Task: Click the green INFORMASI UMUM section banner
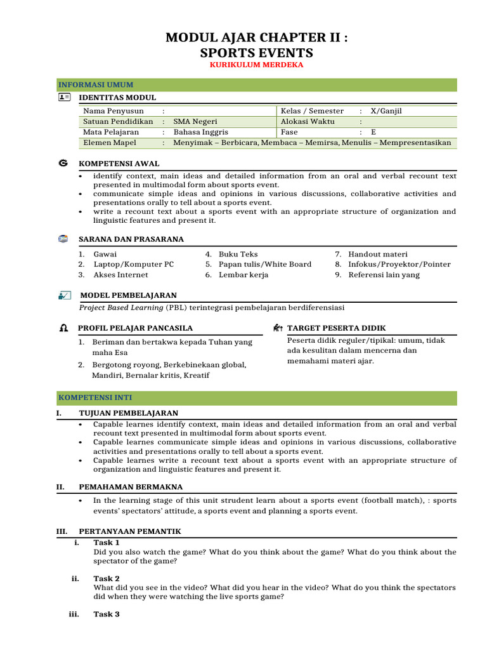[257, 85]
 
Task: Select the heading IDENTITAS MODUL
[117, 98]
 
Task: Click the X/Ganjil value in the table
[386, 110]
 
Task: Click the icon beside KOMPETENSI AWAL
[63, 163]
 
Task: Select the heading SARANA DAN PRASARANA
[131, 239]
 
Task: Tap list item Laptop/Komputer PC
[134, 264]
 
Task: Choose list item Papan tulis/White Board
[265, 264]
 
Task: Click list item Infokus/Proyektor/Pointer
[399, 264]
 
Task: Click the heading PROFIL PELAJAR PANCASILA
[135, 328]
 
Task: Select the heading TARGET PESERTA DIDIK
[336, 328]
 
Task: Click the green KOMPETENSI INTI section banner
[257, 398]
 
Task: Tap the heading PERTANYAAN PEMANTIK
[130, 531]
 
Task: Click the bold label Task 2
[107, 578]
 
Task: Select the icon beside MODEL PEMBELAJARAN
[63, 295]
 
